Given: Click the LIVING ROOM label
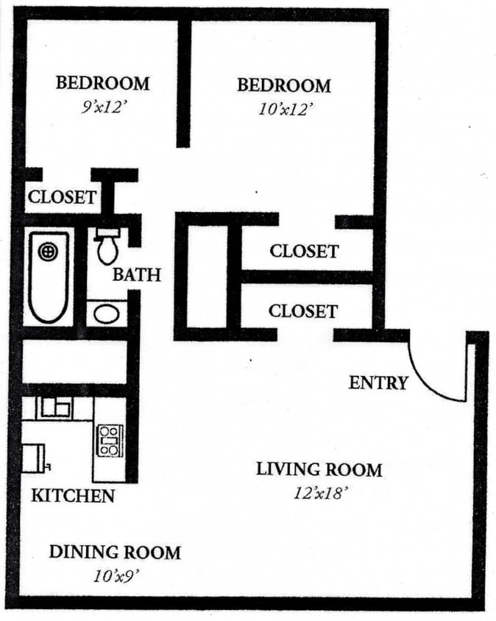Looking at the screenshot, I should point(319,469).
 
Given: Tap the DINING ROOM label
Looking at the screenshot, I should point(114,552).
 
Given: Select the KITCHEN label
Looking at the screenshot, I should point(73,495).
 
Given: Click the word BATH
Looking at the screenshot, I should point(136,274).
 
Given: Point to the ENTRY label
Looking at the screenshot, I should point(378,383).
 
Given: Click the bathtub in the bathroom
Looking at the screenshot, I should point(48,276).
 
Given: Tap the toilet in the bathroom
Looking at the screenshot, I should point(108,246).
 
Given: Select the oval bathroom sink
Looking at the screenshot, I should point(107,314).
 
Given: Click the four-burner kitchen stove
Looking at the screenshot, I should point(109,440).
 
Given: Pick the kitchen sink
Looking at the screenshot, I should point(54,407).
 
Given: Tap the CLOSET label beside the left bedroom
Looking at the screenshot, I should point(62,197).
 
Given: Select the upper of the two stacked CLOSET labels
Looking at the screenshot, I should point(304,251).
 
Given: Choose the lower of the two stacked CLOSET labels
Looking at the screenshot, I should point(302,310).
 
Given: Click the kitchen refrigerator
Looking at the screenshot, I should point(33,458).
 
